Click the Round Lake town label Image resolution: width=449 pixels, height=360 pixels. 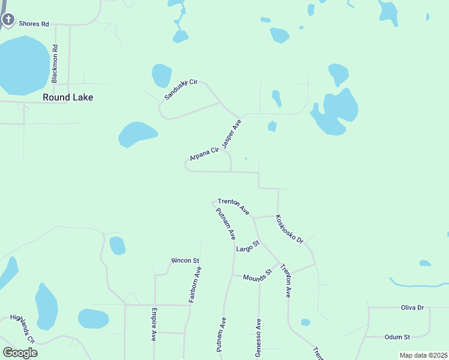pos(68,97)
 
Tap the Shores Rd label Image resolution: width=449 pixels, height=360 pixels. pos(33,24)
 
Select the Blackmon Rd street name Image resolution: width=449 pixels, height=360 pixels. pos(55,64)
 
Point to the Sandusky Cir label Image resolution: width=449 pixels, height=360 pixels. pos(181,90)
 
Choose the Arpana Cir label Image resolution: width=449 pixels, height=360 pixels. pos(203,153)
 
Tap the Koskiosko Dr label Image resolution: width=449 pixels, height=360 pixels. pos(289,229)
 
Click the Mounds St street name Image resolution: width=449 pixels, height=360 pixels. pos(258,275)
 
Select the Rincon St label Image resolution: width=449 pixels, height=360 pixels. pos(185,260)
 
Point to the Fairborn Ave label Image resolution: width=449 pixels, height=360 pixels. pos(195,284)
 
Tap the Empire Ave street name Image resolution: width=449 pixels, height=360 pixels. pos(154,325)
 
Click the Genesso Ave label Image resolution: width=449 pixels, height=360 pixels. pos(258,338)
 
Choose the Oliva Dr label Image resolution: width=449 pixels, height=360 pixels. pos(412,307)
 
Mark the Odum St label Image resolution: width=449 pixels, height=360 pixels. pos(398,337)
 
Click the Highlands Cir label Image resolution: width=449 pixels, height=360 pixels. pos(23,328)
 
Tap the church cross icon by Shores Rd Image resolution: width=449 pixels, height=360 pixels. pos(8,20)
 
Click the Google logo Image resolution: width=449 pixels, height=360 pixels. pos(20,353)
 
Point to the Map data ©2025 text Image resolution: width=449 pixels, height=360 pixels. pos(423,355)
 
